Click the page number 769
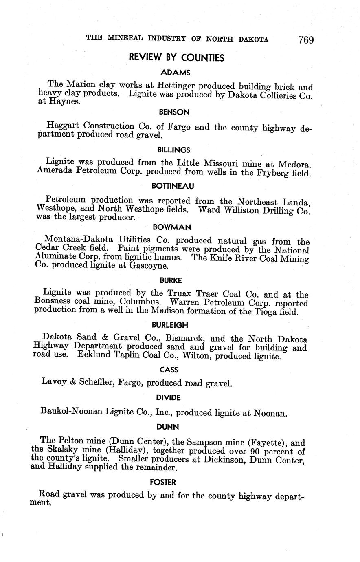(305, 40)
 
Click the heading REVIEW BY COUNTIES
(176, 57)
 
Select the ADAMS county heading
(176, 73)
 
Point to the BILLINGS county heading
(173, 150)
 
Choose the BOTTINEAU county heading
(173, 186)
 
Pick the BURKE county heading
(171, 280)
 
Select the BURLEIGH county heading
(170, 325)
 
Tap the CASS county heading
(169, 370)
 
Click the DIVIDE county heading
(168, 397)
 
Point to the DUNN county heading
(167, 427)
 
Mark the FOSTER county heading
(163, 482)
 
